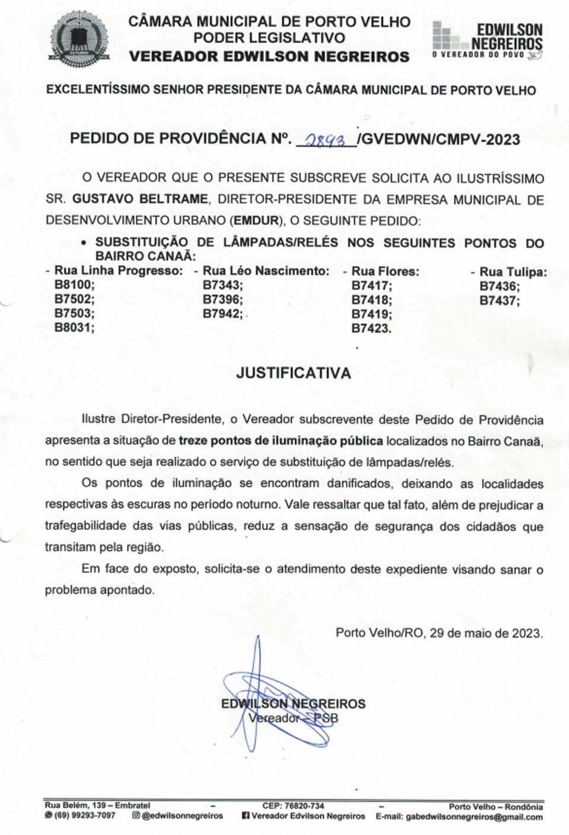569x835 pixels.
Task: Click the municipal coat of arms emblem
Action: coord(79,38)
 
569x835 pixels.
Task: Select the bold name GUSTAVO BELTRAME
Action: coord(140,199)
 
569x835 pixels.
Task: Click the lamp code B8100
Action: coord(74,285)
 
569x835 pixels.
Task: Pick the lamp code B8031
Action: coord(74,327)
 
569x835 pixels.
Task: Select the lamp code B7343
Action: coord(222,285)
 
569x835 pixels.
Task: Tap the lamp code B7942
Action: coord(222,313)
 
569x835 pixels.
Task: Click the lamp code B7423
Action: coord(371,328)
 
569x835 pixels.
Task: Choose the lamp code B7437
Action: coord(499,300)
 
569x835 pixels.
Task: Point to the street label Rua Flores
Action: coord(385,271)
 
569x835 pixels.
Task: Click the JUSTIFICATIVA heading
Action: coord(293,373)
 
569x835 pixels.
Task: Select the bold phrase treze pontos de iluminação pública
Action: coord(280,441)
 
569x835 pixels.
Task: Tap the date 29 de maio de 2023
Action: coord(485,632)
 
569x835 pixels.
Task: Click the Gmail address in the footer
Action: coord(474,817)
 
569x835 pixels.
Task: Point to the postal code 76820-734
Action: coord(304,806)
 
